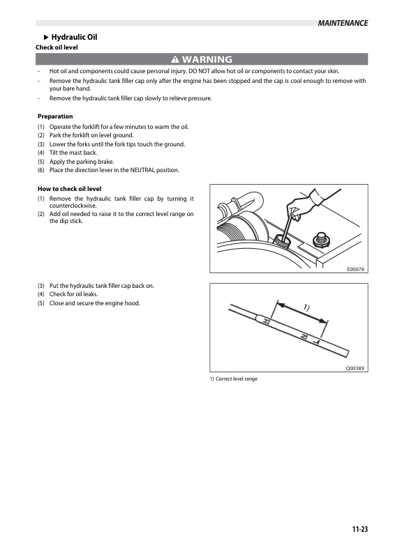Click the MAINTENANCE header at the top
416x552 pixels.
(343, 23)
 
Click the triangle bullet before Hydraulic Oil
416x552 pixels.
(46, 38)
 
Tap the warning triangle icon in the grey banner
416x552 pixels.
(175, 59)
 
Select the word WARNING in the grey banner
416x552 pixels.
(207, 59)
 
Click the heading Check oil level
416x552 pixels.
(57, 47)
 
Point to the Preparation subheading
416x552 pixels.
(55, 116)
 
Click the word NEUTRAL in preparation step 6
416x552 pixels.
(142, 170)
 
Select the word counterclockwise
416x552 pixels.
(73, 206)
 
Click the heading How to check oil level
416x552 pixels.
(70, 189)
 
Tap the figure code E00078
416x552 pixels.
(355, 269)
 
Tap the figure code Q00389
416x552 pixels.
(355, 368)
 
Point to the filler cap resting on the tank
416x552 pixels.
(321, 240)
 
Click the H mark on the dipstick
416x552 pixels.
(266, 321)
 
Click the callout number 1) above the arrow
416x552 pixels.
(306, 307)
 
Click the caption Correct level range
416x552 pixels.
(237, 378)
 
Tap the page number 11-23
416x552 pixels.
(360, 529)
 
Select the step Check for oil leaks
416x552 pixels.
(74, 294)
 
